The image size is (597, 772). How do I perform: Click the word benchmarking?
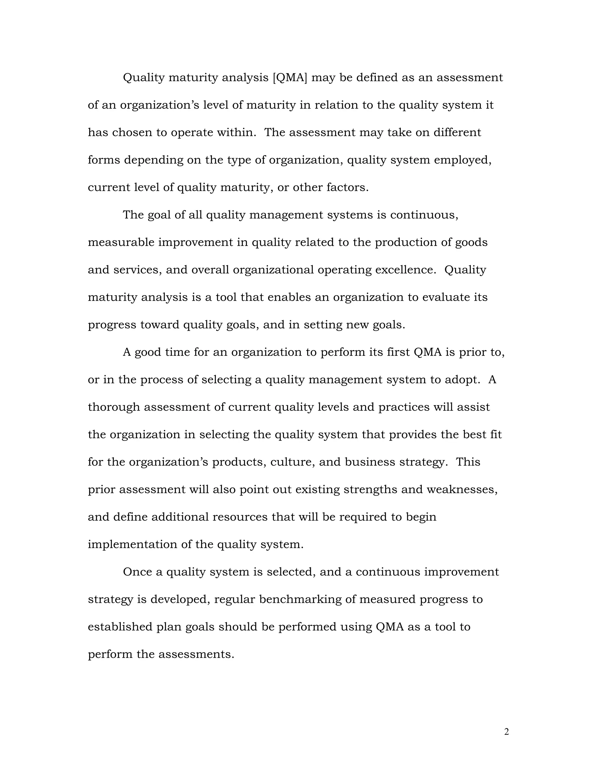300,600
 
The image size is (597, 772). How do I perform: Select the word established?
120,627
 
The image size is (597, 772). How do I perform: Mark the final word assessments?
196,654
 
